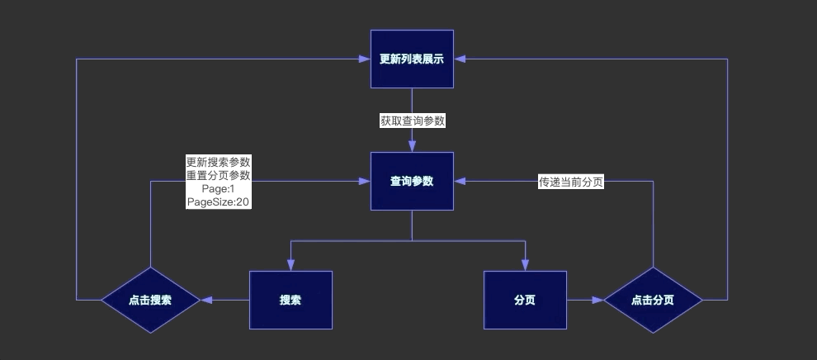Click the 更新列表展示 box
(412, 59)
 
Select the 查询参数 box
(412, 181)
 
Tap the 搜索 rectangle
(290, 300)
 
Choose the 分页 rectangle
(525, 300)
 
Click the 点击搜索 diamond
(150, 300)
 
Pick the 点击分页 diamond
(653, 300)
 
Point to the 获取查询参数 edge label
(412, 121)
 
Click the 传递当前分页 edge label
(570, 182)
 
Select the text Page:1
(218, 188)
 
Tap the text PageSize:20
(218, 201)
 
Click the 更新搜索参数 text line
(218, 162)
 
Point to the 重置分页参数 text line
(218, 175)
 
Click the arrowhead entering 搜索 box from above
(290, 265)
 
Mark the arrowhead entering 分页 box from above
(525, 265)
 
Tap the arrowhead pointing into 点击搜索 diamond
(206, 300)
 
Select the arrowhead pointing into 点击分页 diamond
(597, 300)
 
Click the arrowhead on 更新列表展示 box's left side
(364, 59)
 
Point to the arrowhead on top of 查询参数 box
(412, 146)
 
